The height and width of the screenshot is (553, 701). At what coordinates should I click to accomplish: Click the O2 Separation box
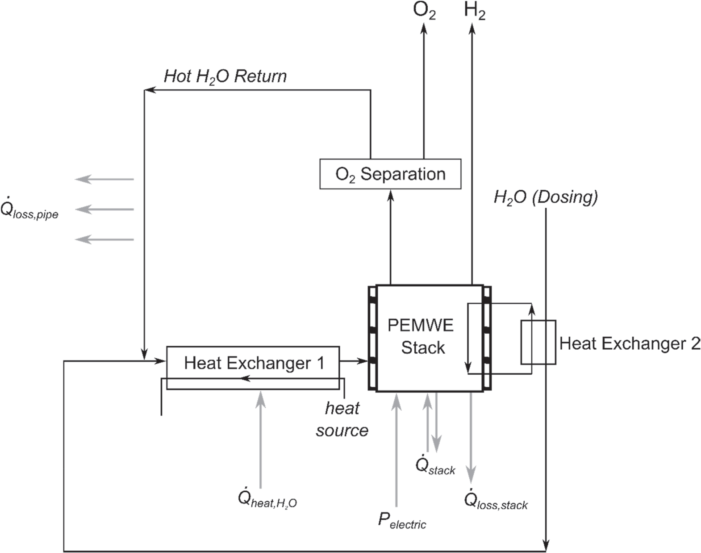(390, 174)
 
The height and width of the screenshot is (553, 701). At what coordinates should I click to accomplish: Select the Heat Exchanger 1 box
(253, 363)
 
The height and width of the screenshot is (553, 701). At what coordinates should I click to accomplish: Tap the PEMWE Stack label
(421, 336)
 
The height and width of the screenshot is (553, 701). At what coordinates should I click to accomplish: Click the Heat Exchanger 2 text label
(630, 344)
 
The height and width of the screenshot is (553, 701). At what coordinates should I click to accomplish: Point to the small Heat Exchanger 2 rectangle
(538, 342)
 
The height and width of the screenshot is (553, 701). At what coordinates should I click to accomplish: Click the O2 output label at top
(424, 11)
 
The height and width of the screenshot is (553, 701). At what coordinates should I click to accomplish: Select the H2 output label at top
(474, 11)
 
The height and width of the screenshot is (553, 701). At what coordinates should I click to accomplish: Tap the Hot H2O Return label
(225, 76)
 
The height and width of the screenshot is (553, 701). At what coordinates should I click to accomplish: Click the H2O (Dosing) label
(546, 197)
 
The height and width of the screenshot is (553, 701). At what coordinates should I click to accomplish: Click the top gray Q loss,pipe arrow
(104, 180)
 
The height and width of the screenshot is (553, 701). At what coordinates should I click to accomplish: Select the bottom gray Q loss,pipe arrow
(104, 240)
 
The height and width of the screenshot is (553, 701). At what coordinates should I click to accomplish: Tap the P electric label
(402, 520)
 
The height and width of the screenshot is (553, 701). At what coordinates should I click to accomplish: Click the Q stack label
(435, 465)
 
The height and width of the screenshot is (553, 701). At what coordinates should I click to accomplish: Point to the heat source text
(342, 419)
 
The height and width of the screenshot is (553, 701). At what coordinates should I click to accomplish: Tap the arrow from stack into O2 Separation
(391, 237)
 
